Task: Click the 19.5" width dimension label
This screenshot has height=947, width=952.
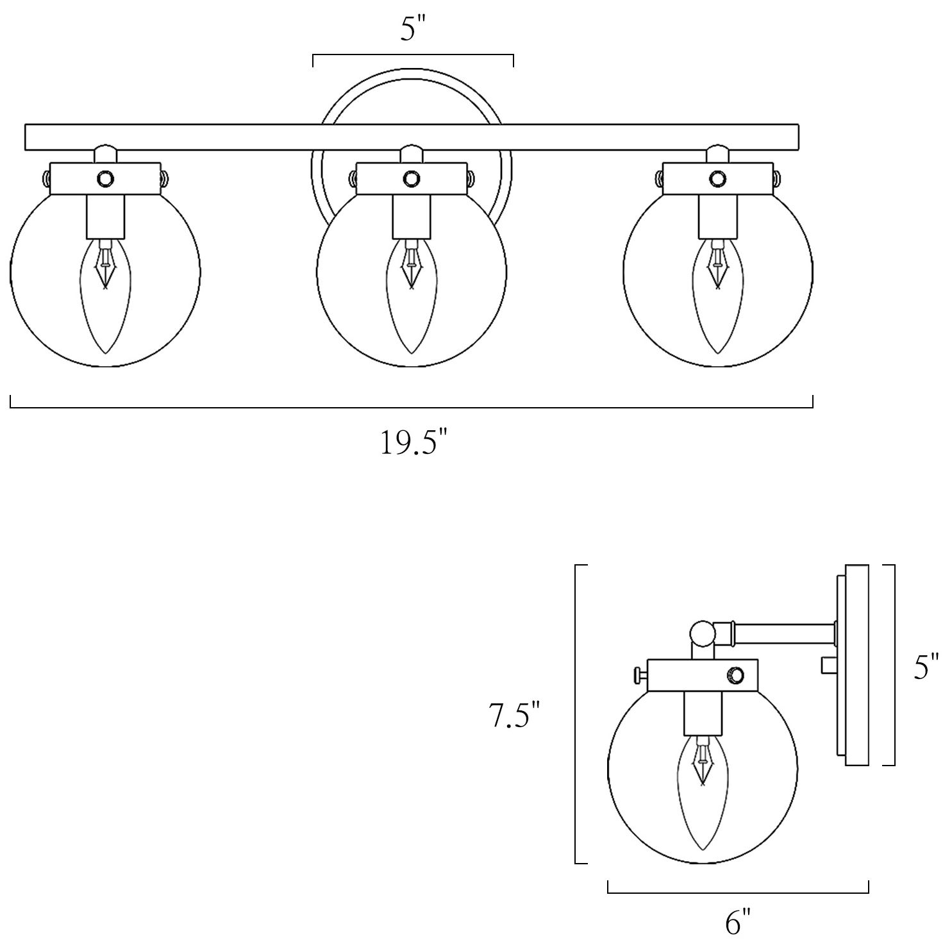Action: click(x=413, y=442)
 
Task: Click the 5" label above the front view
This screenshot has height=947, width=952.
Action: click(x=412, y=29)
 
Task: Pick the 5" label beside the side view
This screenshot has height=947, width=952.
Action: click(x=926, y=667)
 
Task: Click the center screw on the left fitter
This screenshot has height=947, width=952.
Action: click(x=104, y=178)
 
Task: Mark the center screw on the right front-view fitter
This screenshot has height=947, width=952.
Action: click(x=717, y=178)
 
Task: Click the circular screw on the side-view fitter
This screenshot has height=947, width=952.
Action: click(x=735, y=675)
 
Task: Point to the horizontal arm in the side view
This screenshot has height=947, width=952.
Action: click(x=785, y=633)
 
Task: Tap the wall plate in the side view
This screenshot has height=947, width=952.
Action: click(x=856, y=665)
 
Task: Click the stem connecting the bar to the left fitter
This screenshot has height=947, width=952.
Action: click(x=105, y=155)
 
